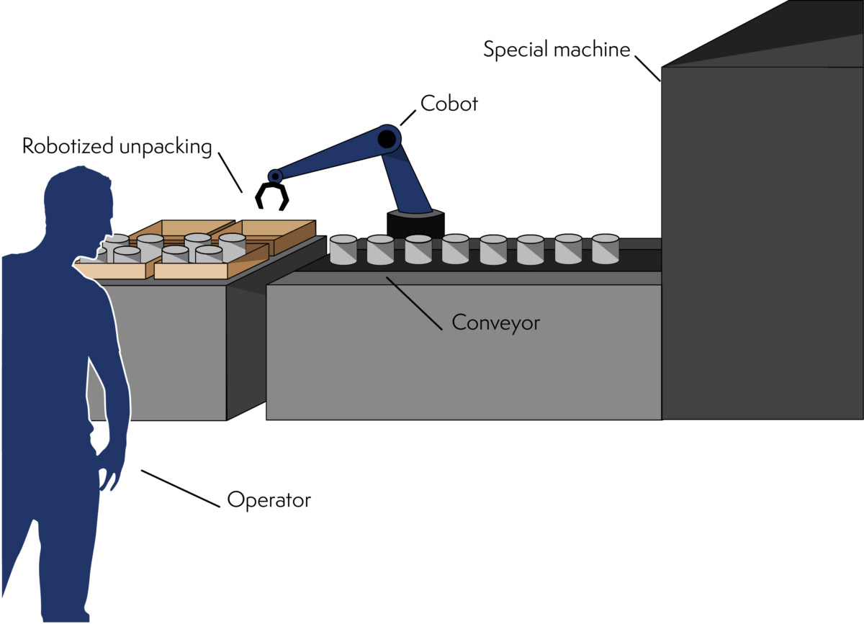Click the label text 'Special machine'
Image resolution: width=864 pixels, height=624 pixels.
click(556, 50)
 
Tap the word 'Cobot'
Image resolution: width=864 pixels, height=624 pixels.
click(449, 104)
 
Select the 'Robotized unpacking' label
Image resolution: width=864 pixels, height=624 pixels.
click(117, 146)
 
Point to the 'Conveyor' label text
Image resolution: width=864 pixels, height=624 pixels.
click(495, 322)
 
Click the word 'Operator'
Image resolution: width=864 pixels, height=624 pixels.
click(269, 499)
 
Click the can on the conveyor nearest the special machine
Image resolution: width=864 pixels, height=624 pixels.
click(606, 248)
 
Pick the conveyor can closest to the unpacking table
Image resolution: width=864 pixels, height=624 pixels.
click(343, 250)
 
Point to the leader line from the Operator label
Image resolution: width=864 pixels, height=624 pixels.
click(179, 489)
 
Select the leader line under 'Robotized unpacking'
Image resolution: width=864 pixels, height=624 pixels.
click(230, 172)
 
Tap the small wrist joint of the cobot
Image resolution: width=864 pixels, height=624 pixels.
click(274, 176)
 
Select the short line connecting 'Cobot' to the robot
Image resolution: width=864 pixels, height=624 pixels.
click(408, 117)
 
